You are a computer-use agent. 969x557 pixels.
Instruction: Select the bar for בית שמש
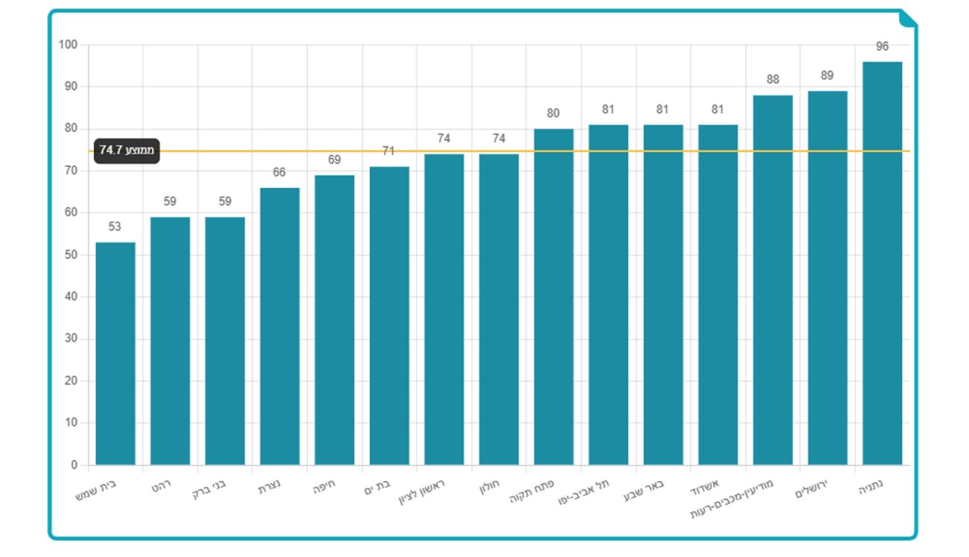click(116, 353)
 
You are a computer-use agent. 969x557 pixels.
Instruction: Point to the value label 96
click(883, 46)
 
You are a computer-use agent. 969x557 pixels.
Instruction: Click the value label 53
click(115, 227)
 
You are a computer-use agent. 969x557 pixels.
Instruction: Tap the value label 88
click(773, 79)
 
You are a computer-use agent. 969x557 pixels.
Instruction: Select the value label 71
click(388, 151)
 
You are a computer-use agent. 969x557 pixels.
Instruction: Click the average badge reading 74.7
click(127, 151)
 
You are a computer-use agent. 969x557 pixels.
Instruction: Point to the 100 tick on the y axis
click(68, 45)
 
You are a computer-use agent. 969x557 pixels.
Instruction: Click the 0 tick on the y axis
click(74, 465)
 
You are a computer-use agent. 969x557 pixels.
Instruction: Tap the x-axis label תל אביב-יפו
click(584, 492)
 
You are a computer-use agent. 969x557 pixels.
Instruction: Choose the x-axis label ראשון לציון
click(423, 491)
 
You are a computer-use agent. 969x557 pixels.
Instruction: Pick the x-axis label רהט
click(162, 485)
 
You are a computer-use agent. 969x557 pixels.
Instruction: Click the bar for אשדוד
click(718, 295)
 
